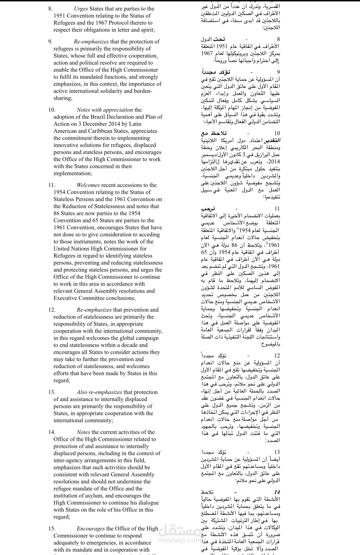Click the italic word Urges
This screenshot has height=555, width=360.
(81, 9)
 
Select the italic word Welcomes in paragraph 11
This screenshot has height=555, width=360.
(88, 185)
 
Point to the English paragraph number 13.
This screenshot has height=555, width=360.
(52, 392)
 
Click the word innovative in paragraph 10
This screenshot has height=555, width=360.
(67, 145)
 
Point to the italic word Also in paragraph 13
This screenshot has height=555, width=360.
(83, 392)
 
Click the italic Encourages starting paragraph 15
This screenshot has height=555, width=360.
(91, 528)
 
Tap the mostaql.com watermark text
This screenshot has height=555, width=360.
(179, 540)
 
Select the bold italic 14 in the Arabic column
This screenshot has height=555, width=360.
(277, 492)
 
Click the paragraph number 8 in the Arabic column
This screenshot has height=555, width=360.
(278, 39)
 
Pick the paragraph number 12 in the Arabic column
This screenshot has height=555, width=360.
(277, 355)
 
